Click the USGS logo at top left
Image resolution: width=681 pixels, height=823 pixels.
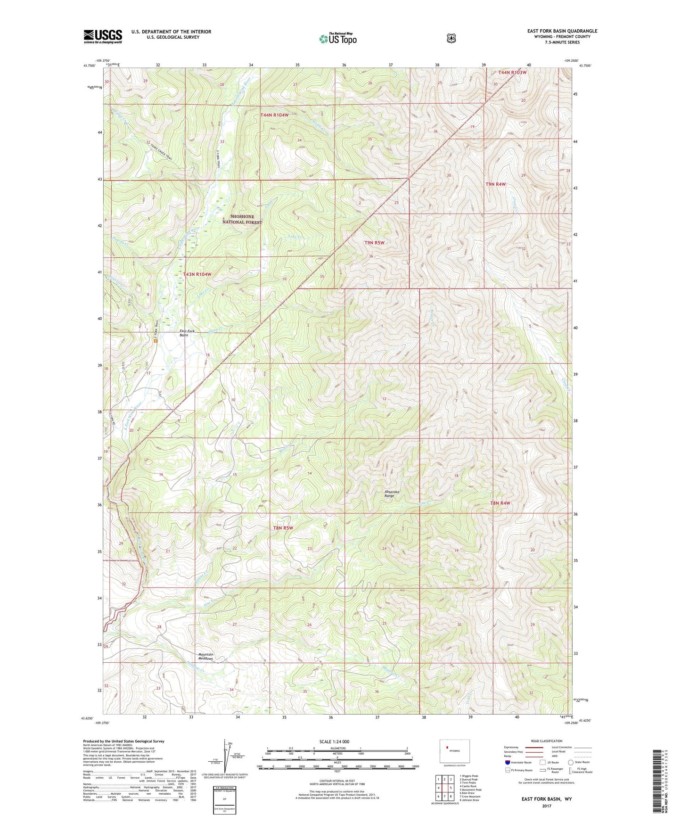point(103,36)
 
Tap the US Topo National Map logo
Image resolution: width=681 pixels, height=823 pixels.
point(337,39)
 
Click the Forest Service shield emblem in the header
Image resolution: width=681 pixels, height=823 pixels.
point(451,38)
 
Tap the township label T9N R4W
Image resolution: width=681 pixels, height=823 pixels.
point(495,184)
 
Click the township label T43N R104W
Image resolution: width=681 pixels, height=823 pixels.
point(197,274)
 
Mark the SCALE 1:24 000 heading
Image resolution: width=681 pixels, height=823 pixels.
point(334,741)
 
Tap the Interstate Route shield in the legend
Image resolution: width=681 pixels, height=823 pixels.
point(507,762)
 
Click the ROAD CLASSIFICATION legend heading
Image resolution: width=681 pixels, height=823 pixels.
point(546,741)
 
